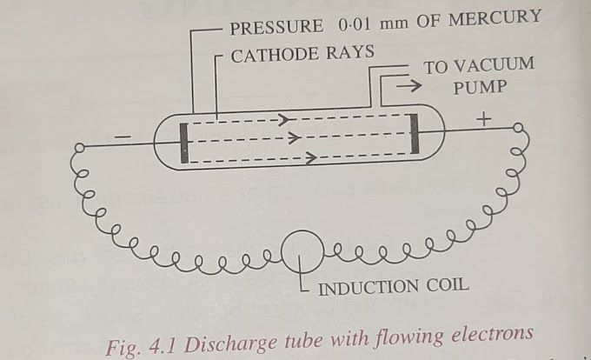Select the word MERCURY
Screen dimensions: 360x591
pyautogui.click(x=503, y=18)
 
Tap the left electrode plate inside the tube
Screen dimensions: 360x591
pyautogui.click(x=185, y=143)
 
